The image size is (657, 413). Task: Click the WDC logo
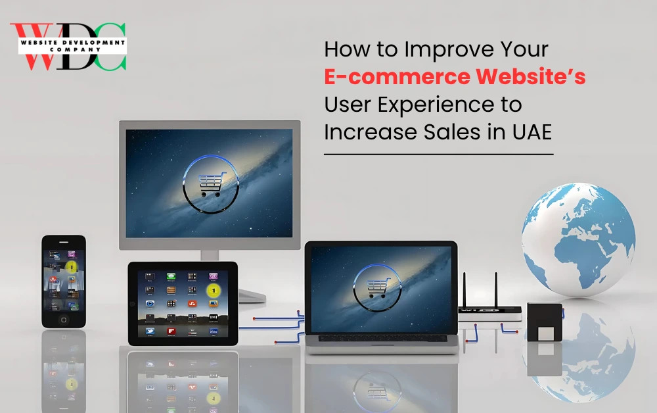[68, 46]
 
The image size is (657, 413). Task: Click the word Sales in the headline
[452, 132]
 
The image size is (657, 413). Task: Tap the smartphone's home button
[64, 320]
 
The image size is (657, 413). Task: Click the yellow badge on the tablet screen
[214, 290]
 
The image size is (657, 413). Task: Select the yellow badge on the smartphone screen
[72, 267]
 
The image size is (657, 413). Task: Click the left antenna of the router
[464, 290]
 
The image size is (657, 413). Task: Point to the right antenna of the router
[496, 290]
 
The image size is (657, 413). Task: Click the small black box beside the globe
[544, 322]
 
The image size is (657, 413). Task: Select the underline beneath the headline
[439, 155]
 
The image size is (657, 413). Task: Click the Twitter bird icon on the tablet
[150, 331]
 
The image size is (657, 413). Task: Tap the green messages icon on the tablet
[171, 276]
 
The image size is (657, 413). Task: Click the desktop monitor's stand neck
[210, 255]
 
